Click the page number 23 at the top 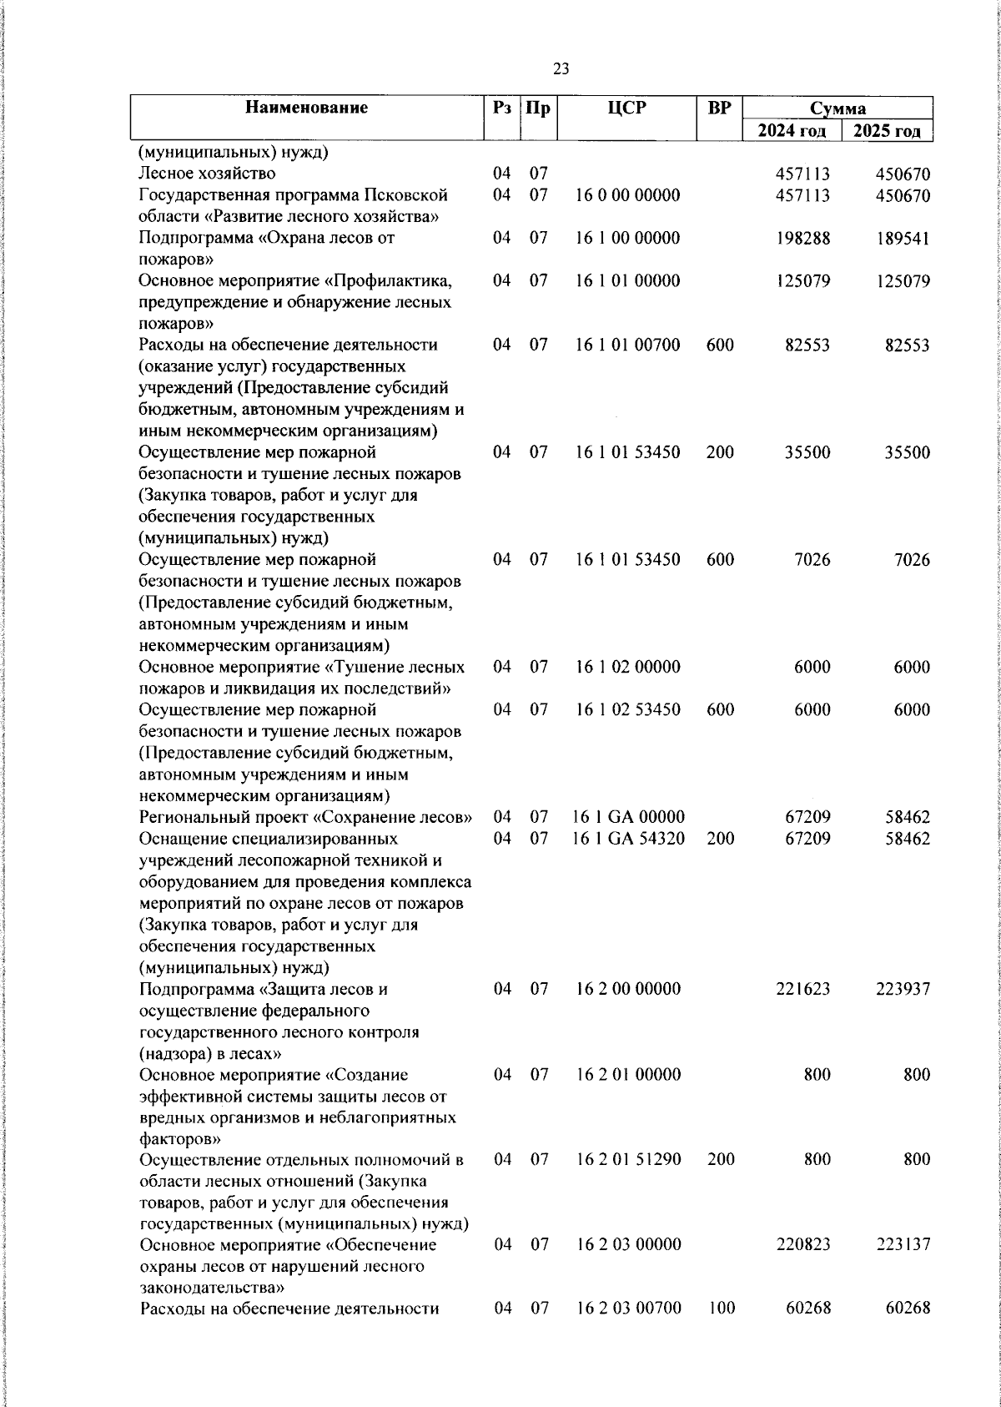click(x=561, y=69)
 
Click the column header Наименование click(x=307, y=108)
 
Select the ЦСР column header click(x=626, y=108)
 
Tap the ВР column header click(x=719, y=108)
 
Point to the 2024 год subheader click(x=792, y=131)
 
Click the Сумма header click(x=838, y=108)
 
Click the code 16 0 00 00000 click(x=627, y=195)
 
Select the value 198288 click(x=802, y=238)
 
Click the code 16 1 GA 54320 click(x=630, y=838)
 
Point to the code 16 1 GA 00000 click(x=630, y=816)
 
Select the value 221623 click(x=802, y=989)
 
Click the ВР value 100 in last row click(x=720, y=1309)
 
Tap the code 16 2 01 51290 click(x=627, y=1159)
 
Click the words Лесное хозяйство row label click(x=207, y=174)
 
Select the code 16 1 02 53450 click(x=627, y=709)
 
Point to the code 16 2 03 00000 click(x=627, y=1244)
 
